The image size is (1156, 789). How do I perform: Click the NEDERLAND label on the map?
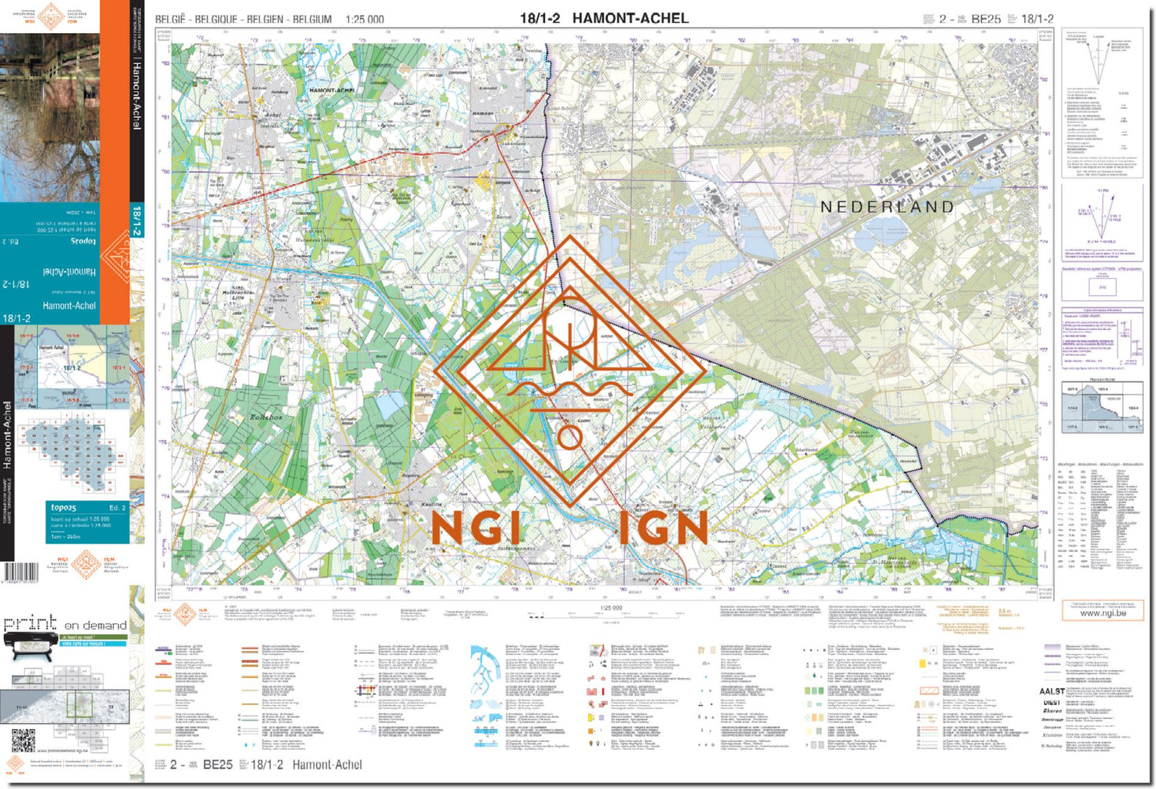coord(887,207)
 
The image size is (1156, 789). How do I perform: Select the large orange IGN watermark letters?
coord(663,529)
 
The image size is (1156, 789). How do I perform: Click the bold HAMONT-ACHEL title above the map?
coord(630,18)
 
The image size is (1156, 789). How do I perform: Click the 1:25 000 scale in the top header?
coord(365,19)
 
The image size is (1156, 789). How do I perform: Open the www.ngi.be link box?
coord(1102,613)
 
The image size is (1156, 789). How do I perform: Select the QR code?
coord(23,740)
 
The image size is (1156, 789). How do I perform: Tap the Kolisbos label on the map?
coord(266,417)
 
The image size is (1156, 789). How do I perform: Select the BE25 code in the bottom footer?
coord(217,764)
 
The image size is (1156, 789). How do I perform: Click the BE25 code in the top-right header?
coord(986,19)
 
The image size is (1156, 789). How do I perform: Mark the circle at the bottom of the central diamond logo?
coord(570,438)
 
